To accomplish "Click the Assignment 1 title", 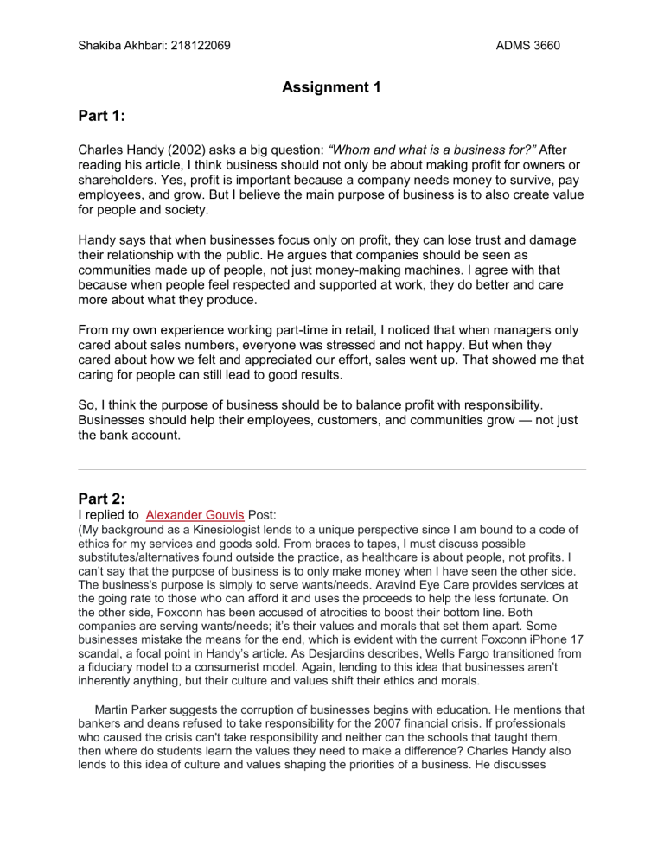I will [332, 86].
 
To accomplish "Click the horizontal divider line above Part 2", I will [332, 470].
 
